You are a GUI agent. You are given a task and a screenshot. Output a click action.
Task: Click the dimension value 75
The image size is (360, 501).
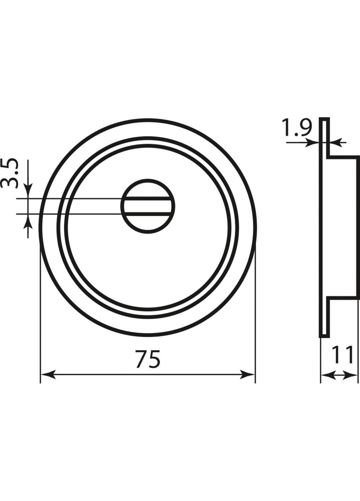point(148,359)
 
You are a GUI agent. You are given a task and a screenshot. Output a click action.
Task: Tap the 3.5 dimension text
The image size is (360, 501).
point(9,173)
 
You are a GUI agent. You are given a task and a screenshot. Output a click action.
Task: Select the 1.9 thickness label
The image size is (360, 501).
point(296,128)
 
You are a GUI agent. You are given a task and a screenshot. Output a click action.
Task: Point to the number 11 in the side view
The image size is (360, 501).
point(342,355)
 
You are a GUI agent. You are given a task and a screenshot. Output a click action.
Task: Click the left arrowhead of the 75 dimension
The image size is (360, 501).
point(47,375)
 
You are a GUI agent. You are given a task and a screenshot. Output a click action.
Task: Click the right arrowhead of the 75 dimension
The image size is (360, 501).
point(248,375)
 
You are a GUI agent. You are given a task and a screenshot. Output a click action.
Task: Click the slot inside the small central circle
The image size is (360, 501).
point(147,206)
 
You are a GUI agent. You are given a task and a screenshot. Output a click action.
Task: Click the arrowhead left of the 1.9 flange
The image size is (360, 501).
point(313,142)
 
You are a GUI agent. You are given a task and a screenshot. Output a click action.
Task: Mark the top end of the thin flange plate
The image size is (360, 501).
point(324,119)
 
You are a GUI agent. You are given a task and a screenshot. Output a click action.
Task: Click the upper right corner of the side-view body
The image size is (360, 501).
point(358,158)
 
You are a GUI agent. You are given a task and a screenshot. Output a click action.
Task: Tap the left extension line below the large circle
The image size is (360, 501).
point(41,313)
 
